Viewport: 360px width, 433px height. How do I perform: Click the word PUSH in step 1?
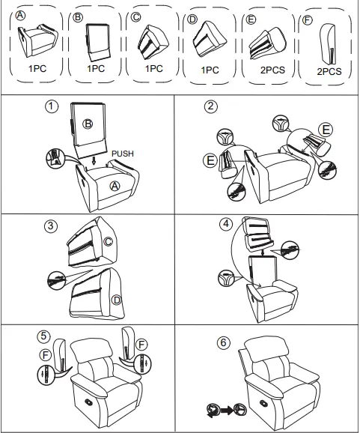tap(123, 154)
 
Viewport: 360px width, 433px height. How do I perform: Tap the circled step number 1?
tap(52, 106)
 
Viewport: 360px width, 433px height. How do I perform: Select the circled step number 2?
tap(211, 106)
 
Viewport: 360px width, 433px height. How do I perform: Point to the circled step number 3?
tap(50, 226)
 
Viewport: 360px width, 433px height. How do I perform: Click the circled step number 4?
tap(226, 224)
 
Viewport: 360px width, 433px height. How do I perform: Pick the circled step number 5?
tap(44, 336)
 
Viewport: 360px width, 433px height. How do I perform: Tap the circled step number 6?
tap(223, 343)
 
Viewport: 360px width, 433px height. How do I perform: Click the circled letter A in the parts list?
tap(20, 16)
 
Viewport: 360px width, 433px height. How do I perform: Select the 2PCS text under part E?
tap(272, 70)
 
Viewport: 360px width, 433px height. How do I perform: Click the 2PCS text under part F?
tap(329, 71)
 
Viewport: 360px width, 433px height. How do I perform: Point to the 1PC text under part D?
tap(210, 70)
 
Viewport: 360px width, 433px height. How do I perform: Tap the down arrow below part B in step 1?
tap(94, 160)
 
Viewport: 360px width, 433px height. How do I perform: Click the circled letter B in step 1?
tap(88, 124)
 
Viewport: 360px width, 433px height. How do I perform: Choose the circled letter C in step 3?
tap(108, 242)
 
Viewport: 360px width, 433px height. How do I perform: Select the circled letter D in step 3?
tap(117, 300)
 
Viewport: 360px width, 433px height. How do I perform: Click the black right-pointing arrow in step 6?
tap(227, 411)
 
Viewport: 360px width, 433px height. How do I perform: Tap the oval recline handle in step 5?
tap(89, 402)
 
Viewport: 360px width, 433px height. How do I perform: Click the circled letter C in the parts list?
tap(135, 17)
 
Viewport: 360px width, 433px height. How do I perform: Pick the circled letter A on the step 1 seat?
tap(115, 187)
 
